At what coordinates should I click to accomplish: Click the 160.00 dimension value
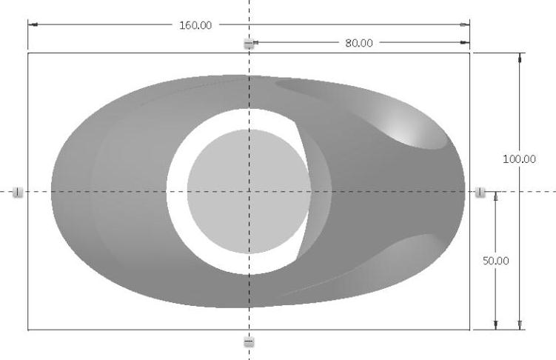pos(195,25)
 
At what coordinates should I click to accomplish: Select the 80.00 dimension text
pos(359,43)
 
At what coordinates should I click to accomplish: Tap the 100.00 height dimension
pos(519,159)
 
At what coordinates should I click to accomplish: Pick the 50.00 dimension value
pos(496,261)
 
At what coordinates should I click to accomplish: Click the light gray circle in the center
pos(249,192)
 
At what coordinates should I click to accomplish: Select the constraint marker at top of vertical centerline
pos(249,44)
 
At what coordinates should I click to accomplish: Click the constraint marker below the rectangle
pos(249,342)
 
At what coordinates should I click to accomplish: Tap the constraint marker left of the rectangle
pos(17,192)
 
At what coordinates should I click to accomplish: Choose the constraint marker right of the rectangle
pos(480,192)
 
